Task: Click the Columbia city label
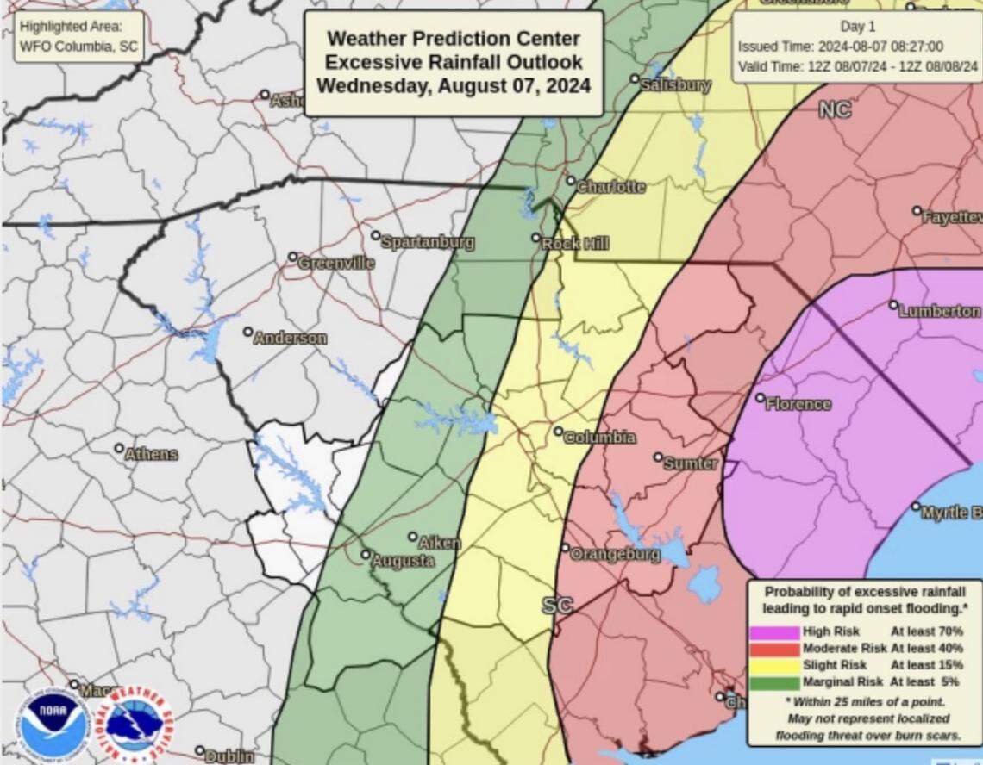(x=599, y=438)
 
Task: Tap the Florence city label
(x=798, y=404)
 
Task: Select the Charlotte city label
(x=610, y=187)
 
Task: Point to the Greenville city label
(x=335, y=263)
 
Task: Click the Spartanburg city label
(x=427, y=242)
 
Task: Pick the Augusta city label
(x=402, y=561)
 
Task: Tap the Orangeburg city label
(x=615, y=554)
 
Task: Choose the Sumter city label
(x=690, y=463)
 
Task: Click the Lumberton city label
(x=939, y=311)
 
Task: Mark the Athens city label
(x=151, y=454)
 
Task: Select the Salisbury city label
(x=675, y=84)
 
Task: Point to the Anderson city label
(x=290, y=338)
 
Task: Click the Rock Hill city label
(x=574, y=244)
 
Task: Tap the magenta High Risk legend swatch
(x=774, y=632)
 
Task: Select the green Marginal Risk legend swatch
(x=774, y=681)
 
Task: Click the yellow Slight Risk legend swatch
(x=774, y=665)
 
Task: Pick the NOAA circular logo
(x=53, y=725)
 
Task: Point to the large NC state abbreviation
(x=834, y=110)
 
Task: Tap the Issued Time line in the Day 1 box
(x=841, y=47)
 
